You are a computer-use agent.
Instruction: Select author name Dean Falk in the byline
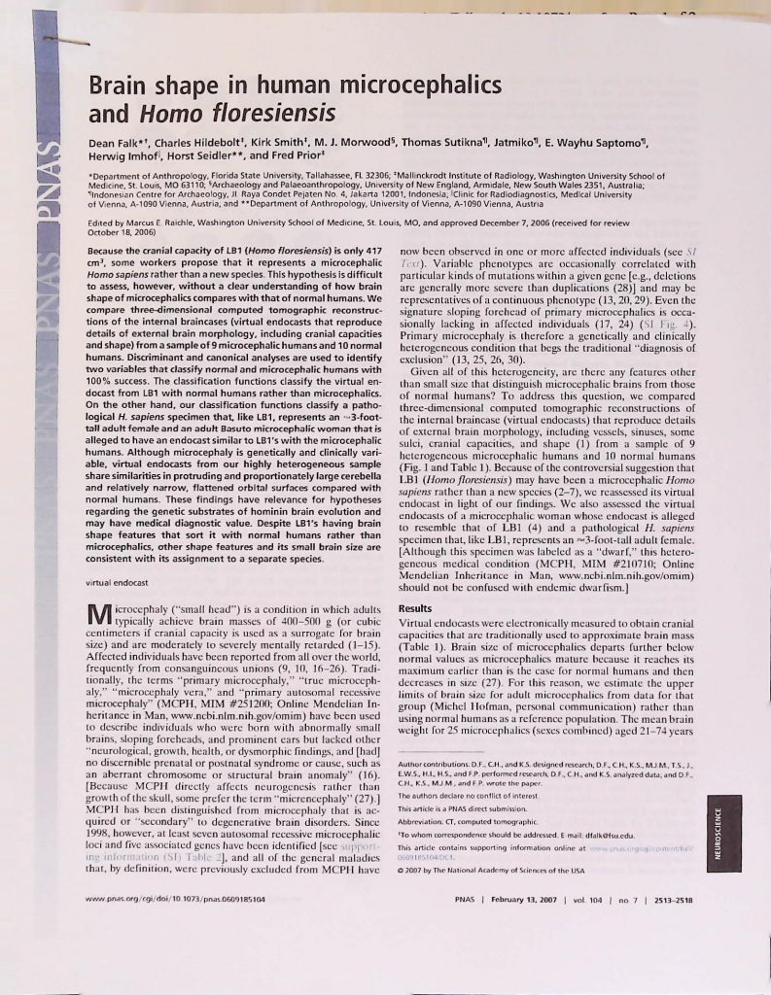click(116, 146)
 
